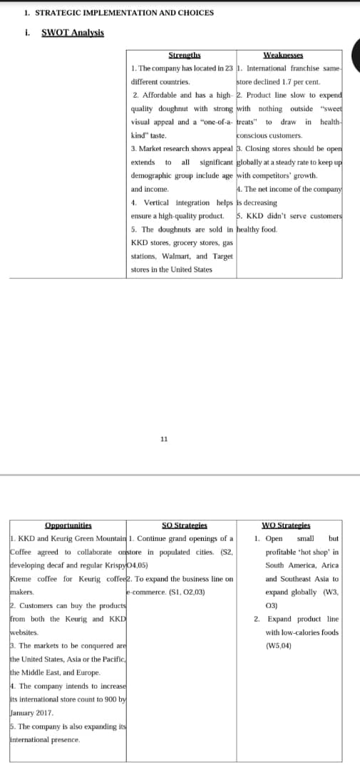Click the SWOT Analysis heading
73,33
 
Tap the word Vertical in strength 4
156,202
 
